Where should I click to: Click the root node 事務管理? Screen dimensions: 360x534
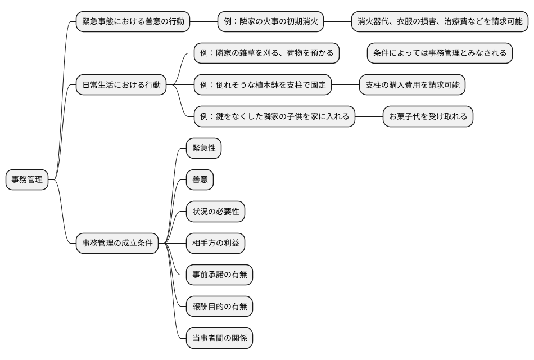pyautogui.click(x=27, y=180)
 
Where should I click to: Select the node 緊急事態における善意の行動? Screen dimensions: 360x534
pyautogui.click(x=133, y=22)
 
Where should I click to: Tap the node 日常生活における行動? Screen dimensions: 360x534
pyautogui.click(x=121, y=85)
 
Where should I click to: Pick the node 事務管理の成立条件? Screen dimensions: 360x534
pyautogui.click(x=117, y=243)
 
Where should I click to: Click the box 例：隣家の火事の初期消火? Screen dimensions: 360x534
pyautogui.click(x=271, y=22)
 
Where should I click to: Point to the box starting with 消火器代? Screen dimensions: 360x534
pyautogui.click(x=440, y=22)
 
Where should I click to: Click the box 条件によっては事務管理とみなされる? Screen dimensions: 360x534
pyautogui.click(x=440, y=53)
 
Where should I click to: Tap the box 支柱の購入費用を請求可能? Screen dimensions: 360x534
pyautogui.click(x=412, y=85)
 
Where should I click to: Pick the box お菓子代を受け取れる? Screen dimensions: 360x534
pyautogui.click(x=428, y=116)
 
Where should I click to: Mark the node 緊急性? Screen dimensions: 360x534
pyautogui.click(x=203, y=148)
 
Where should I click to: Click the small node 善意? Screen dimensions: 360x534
pyautogui.click(x=200, y=180)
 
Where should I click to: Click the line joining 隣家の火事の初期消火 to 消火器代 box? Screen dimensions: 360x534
pyautogui.click(x=338, y=22)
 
